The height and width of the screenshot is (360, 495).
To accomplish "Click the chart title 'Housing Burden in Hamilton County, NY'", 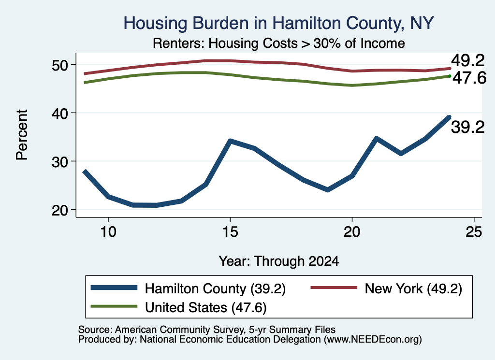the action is (x=278, y=23).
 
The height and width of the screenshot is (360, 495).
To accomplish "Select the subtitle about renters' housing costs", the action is (x=279, y=43).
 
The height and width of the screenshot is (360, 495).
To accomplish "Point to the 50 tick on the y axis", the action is (x=60, y=65).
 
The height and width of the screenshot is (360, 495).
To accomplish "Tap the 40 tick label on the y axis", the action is (x=60, y=113).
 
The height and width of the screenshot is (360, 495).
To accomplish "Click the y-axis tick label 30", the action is (x=60, y=161).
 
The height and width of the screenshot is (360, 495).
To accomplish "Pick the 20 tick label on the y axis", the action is (x=60, y=210).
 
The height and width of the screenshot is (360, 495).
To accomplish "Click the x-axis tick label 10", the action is (x=108, y=232).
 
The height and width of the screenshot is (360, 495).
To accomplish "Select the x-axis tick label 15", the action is (x=230, y=232).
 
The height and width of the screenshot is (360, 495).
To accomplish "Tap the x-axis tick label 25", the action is (x=474, y=232).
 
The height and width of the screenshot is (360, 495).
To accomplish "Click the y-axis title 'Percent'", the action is (x=22, y=135).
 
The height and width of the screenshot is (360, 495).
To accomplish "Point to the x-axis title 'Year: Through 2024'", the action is (x=279, y=261).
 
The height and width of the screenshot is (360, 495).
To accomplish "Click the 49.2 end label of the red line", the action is (x=467, y=60).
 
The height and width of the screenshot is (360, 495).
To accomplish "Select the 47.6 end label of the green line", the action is (x=469, y=78).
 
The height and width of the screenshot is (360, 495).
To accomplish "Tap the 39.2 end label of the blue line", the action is (x=467, y=128).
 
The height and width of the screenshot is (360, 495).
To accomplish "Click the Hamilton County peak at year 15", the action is (x=231, y=141).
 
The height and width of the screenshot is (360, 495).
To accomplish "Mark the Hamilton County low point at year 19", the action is (x=328, y=189).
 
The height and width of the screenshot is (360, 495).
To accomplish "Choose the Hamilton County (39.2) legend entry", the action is (x=188, y=288).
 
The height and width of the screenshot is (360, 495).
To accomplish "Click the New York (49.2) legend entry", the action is (x=386, y=288).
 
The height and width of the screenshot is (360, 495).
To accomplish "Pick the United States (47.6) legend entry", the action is (x=179, y=307).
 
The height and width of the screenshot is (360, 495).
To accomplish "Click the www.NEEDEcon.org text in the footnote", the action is (x=373, y=340).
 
